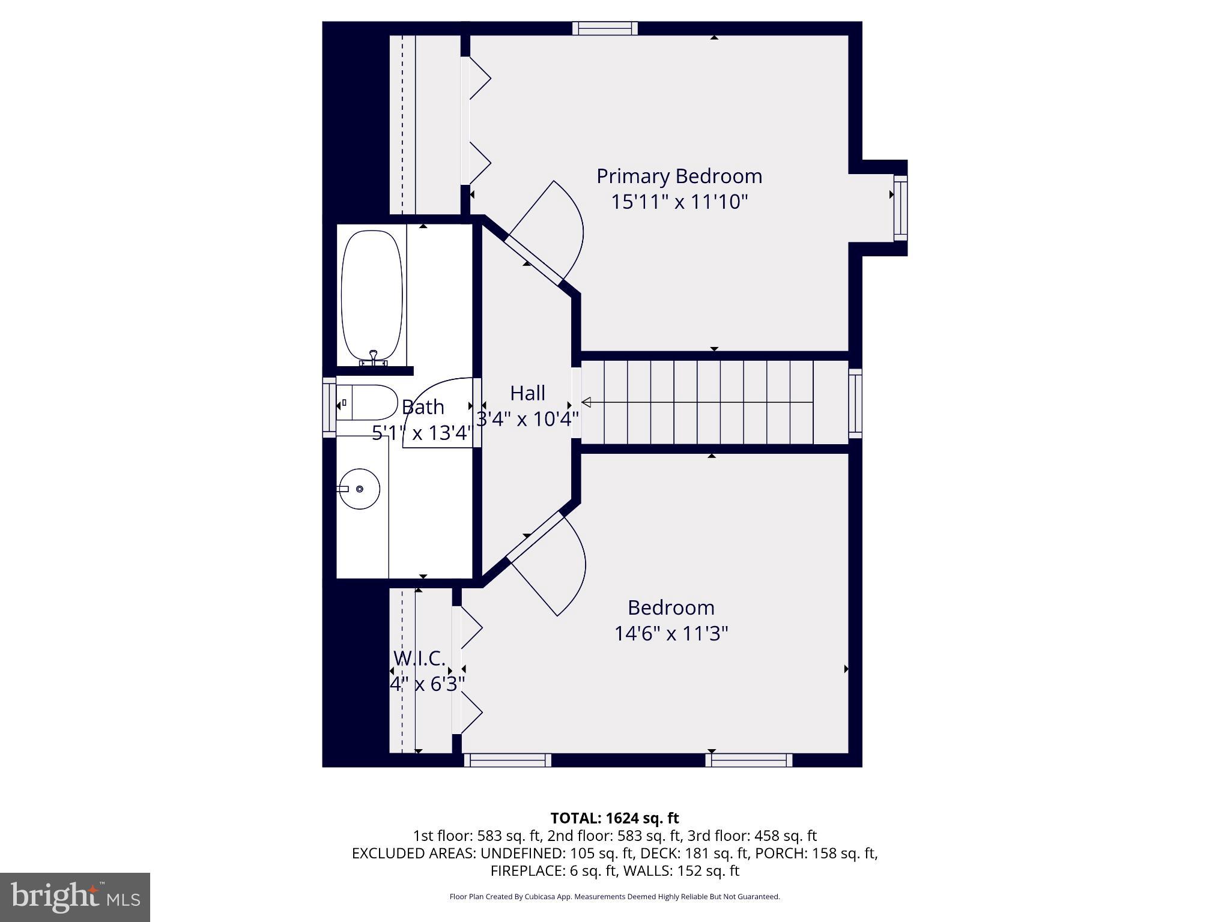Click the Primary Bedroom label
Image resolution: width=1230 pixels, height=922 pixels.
click(679, 176)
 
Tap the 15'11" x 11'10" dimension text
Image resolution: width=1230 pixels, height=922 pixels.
click(679, 202)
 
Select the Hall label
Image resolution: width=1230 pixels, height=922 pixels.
click(527, 394)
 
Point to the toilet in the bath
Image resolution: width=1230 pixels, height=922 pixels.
click(368, 403)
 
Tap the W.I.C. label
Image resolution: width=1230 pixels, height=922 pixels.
click(419, 658)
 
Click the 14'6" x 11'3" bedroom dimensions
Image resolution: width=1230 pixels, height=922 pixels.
click(671, 634)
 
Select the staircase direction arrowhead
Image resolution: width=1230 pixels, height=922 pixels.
click(586, 402)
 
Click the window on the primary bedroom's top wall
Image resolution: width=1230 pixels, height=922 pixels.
click(605, 28)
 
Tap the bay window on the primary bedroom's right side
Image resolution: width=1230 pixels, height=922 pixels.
click(900, 208)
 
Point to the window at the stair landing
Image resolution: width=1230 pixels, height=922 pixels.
click(855, 403)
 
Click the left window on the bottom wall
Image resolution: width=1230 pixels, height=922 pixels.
click(507, 761)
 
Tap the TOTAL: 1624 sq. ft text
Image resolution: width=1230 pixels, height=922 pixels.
click(614, 818)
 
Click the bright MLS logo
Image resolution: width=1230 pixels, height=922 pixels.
click(75, 897)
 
